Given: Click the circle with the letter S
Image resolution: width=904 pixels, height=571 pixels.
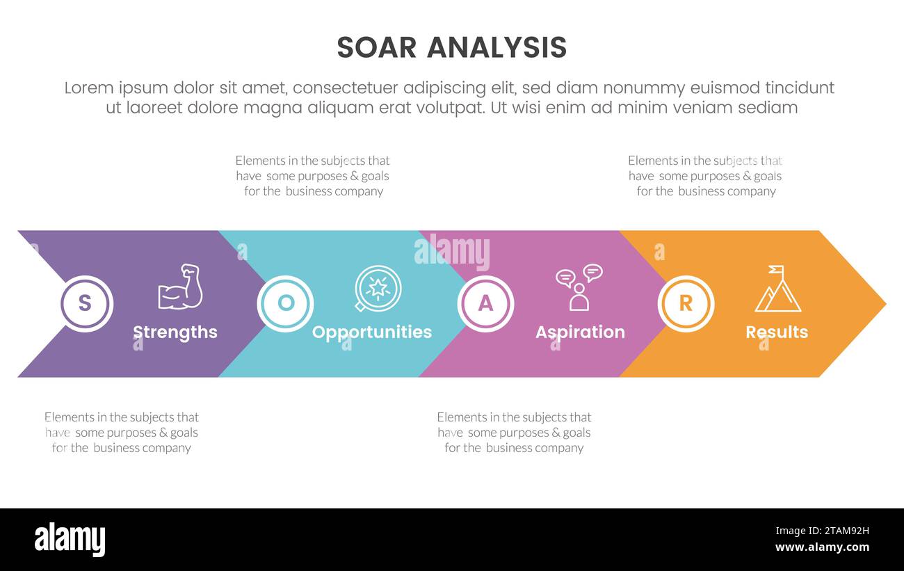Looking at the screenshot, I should (86, 304).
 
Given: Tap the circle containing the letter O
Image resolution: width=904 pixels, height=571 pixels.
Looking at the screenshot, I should (285, 304).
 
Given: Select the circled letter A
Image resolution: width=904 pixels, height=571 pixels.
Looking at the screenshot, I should (485, 304).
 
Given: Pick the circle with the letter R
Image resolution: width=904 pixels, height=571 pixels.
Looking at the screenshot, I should (686, 304).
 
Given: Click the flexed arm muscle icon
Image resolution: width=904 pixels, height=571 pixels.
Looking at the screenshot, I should (180, 287).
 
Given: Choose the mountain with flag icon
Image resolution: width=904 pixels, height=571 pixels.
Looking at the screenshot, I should (777, 289).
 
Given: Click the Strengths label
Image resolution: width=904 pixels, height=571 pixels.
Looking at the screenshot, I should (175, 332).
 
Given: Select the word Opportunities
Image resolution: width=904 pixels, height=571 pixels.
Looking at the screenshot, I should (371, 332).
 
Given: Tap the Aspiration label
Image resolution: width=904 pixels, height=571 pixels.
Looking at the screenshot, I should (580, 332).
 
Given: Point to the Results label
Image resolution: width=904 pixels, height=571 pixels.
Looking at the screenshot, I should (777, 332).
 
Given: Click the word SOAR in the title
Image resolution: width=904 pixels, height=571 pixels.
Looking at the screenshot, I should (376, 48).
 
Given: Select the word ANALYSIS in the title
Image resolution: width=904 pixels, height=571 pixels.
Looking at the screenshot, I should (497, 48).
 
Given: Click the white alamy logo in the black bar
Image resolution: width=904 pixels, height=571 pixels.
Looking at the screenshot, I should (70, 540).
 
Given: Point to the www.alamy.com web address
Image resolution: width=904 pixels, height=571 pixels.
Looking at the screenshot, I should (822, 547).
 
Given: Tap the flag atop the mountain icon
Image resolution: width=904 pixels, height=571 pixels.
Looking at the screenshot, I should (777, 270).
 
